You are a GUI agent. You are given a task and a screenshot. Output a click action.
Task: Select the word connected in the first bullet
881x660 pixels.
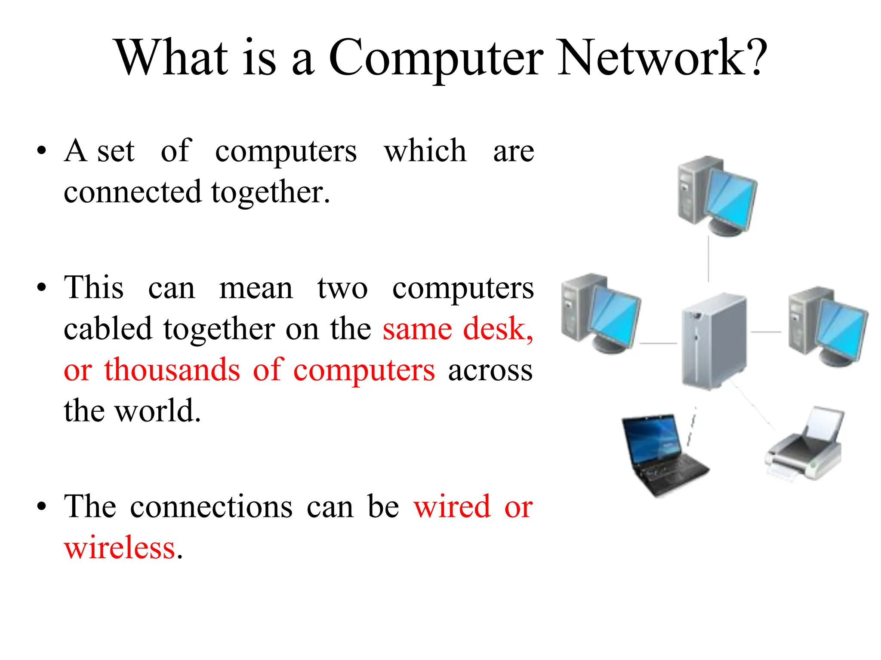(x=132, y=192)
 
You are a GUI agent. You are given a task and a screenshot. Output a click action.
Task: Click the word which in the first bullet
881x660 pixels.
(x=425, y=151)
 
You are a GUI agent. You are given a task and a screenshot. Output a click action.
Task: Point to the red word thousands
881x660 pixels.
(x=172, y=370)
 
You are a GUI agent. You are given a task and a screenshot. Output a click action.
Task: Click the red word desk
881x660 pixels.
(x=498, y=329)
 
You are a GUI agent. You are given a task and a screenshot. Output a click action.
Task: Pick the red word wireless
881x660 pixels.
(x=120, y=548)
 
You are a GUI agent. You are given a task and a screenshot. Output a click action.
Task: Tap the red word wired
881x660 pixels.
(x=452, y=507)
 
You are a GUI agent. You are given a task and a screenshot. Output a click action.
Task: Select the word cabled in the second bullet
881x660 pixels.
(x=108, y=329)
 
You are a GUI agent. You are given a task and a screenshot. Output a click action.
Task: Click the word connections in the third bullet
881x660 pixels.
(x=211, y=507)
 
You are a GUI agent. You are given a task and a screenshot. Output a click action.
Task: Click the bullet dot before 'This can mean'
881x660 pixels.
(x=41, y=287)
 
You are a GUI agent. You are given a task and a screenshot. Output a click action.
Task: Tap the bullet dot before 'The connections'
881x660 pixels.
(x=41, y=507)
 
